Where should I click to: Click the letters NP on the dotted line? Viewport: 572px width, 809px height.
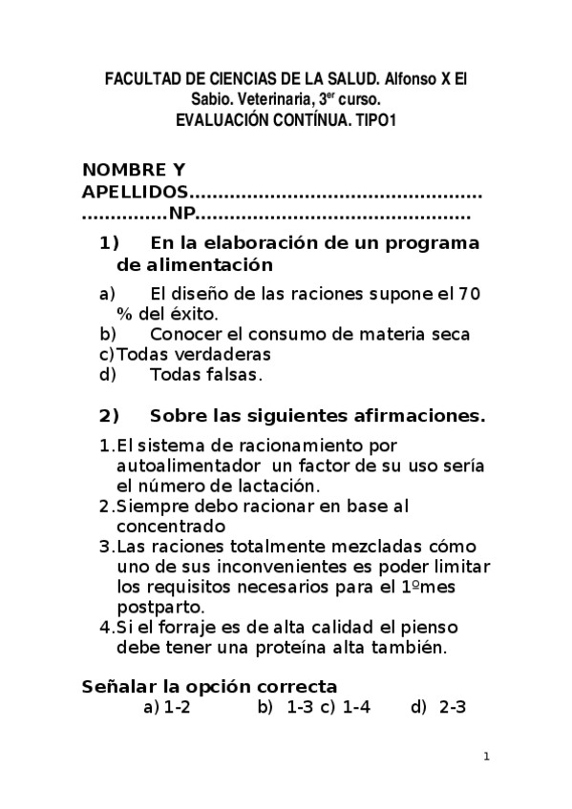point(180,215)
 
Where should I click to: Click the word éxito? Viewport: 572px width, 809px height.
point(196,313)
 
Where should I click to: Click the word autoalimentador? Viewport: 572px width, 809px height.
point(187,465)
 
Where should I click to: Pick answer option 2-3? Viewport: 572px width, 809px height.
point(452,708)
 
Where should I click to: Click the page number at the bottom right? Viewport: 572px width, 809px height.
point(486,757)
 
